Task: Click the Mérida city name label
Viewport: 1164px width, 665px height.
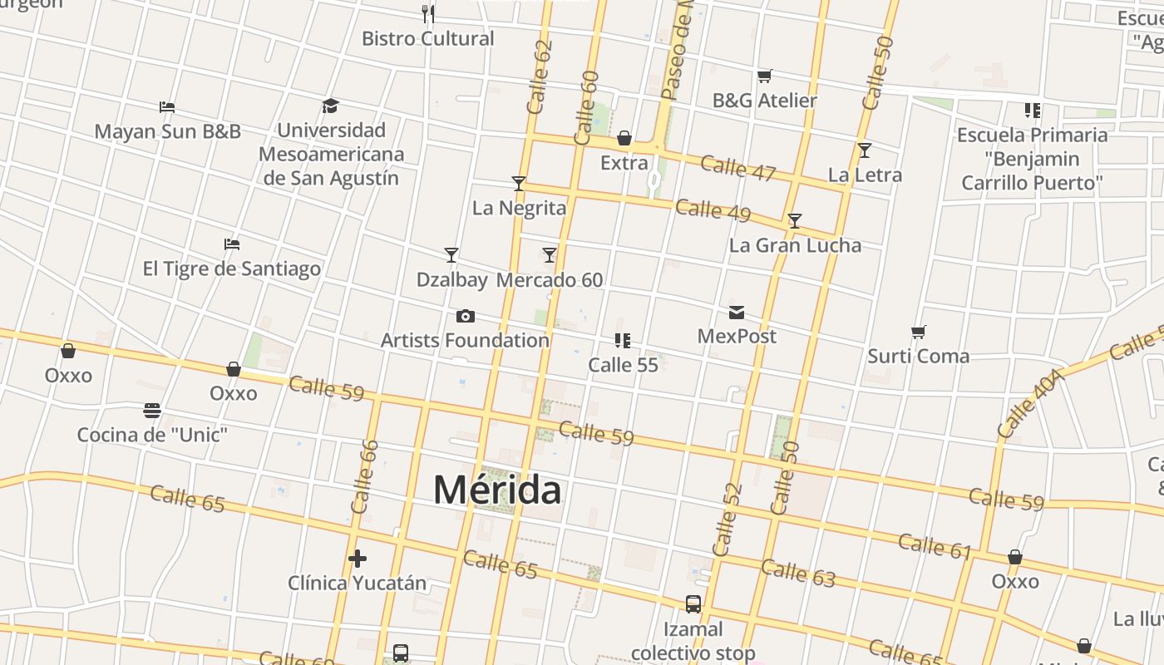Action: click(x=497, y=490)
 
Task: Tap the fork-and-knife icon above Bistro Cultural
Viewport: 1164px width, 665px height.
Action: click(x=428, y=14)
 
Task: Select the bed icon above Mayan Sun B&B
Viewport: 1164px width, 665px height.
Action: click(x=167, y=107)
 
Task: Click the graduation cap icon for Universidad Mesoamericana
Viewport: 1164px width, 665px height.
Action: click(x=331, y=106)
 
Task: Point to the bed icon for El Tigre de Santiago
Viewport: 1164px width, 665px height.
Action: click(x=232, y=244)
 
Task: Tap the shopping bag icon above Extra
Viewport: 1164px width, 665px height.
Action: click(x=624, y=138)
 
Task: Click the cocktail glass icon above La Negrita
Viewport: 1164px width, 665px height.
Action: click(x=519, y=184)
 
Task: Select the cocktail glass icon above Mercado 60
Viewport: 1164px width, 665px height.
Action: click(x=550, y=255)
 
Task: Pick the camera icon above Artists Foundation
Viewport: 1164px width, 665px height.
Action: click(x=466, y=316)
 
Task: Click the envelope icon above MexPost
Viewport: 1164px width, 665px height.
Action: click(x=737, y=313)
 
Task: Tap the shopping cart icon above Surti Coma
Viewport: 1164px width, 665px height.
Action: click(x=919, y=332)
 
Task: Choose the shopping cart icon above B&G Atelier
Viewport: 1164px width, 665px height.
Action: click(x=765, y=76)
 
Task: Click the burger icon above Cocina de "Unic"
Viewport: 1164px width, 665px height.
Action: click(x=152, y=411)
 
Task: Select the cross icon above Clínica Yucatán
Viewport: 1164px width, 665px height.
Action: click(x=358, y=559)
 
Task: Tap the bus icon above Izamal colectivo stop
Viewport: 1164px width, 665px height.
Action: click(x=693, y=604)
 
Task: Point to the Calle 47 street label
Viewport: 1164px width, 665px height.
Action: click(x=737, y=168)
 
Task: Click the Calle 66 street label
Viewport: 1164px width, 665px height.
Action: click(x=365, y=476)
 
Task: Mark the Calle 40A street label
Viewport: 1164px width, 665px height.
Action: click(x=1030, y=404)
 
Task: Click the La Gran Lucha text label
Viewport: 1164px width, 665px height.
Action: click(x=795, y=245)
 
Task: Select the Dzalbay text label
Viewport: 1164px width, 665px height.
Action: click(x=451, y=280)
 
